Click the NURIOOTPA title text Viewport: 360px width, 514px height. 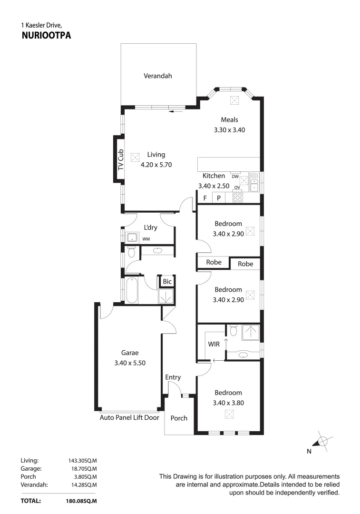coord(46,35)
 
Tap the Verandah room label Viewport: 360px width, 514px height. coord(158,76)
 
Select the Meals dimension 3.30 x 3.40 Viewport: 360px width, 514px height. coord(229,129)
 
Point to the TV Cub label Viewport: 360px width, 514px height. coord(120,160)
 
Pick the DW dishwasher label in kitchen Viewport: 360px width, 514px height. coord(235,176)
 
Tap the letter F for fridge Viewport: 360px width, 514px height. coord(205,198)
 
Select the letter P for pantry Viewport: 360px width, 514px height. coord(219,198)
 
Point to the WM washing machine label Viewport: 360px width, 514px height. coord(146,239)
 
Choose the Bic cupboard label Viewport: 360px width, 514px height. coord(167,282)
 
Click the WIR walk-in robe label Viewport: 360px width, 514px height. coord(214,344)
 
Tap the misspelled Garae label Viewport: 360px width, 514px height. coord(129,353)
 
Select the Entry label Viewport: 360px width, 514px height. coord(173,377)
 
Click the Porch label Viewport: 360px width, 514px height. coord(179,418)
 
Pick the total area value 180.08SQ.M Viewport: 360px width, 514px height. coord(81,501)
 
